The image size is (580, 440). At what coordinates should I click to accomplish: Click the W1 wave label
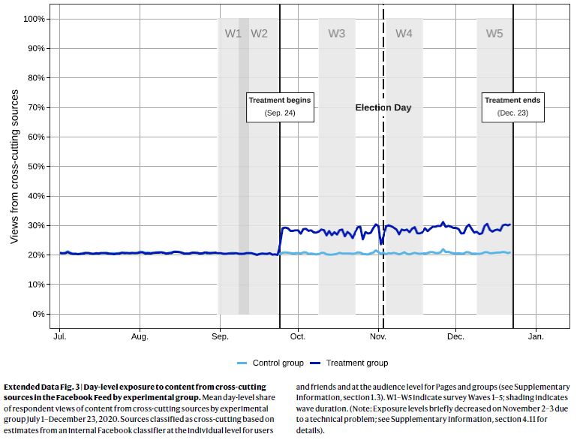click(x=233, y=33)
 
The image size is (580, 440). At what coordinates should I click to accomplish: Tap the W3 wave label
click(x=337, y=33)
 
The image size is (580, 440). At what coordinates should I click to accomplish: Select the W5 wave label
click(x=494, y=33)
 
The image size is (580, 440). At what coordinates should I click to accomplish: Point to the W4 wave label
click(x=404, y=33)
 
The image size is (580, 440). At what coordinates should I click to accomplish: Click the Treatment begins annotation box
click(x=280, y=106)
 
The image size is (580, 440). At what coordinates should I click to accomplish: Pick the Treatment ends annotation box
click(x=512, y=106)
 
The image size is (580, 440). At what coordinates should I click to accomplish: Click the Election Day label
click(x=383, y=107)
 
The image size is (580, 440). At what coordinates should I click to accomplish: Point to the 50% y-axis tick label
click(x=36, y=166)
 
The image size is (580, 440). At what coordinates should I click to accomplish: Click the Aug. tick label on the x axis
click(x=140, y=337)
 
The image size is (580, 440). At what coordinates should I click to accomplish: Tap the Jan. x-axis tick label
click(x=536, y=337)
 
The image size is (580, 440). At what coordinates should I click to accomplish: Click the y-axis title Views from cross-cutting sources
click(x=14, y=167)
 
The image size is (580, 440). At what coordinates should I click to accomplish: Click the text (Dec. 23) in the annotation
click(x=512, y=113)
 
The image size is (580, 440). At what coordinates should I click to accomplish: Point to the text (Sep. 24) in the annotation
click(x=280, y=113)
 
